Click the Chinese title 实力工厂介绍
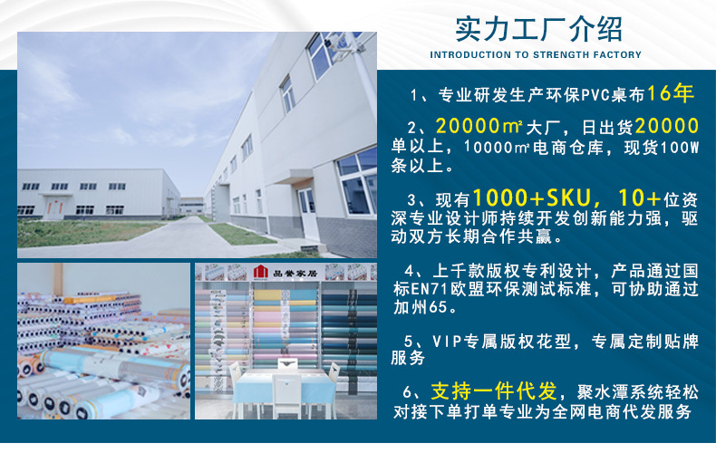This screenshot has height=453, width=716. [x=538, y=29]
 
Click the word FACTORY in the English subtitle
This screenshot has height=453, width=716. [x=614, y=54]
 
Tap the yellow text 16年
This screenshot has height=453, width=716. [x=672, y=92]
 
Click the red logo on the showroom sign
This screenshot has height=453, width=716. [x=262, y=272]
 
